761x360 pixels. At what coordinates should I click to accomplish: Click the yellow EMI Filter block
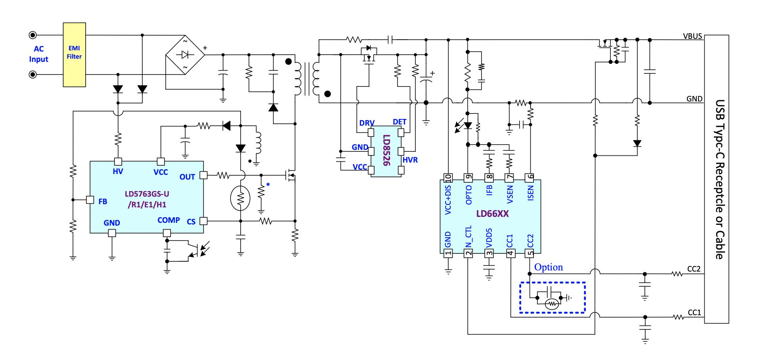pyautogui.click(x=75, y=55)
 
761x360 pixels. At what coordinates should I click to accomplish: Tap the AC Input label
pyautogui.click(x=38, y=54)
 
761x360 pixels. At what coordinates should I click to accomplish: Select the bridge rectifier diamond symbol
pyautogui.click(x=185, y=55)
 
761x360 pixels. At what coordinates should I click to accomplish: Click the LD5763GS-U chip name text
pyautogui.click(x=147, y=194)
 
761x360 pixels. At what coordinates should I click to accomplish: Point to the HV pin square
pyautogui.click(x=118, y=161)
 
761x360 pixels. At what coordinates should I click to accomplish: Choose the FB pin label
pyautogui.click(x=103, y=201)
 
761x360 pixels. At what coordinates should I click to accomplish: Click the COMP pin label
pyautogui.click(x=168, y=220)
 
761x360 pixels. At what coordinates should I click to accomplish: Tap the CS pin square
pyautogui.click(x=203, y=221)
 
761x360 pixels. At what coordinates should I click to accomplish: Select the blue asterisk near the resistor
pyautogui.click(x=268, y=185)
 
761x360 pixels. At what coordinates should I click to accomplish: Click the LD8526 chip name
pyautogui.click(x=386, y=150)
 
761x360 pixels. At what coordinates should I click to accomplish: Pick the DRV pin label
pyautogui.click(x=367, y=123)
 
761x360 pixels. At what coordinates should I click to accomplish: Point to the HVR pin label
pyautogui.click(x=410, y=160)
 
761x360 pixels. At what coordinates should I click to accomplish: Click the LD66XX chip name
pyautogui.click(x=492, y=214)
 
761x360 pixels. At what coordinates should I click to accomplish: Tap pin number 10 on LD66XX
pyautogui.click(x=448, y=178)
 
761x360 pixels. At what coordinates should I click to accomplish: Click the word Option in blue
pyautogui.click(x=549, y=267)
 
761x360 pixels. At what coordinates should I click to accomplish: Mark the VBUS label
pyautogui.click(x=692, y=36)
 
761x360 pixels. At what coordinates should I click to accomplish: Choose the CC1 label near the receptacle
pyautogui.click(x=694, y=312)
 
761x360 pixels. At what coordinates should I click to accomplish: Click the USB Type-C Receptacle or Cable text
pyautogui.click(x=720, y=179)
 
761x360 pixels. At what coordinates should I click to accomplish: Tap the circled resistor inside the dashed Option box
pyautogui.click(x=552, y=304)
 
